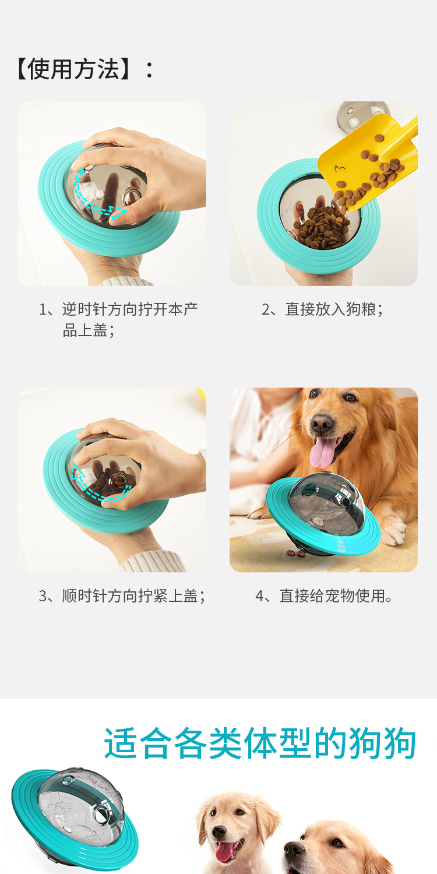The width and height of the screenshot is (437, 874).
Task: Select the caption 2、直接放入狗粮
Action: point(322,309)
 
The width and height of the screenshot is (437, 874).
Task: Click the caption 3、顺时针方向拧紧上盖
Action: point(122,596)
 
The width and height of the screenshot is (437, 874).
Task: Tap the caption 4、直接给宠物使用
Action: point(324,596)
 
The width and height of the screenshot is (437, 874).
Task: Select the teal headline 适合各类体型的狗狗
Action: point(260,743)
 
